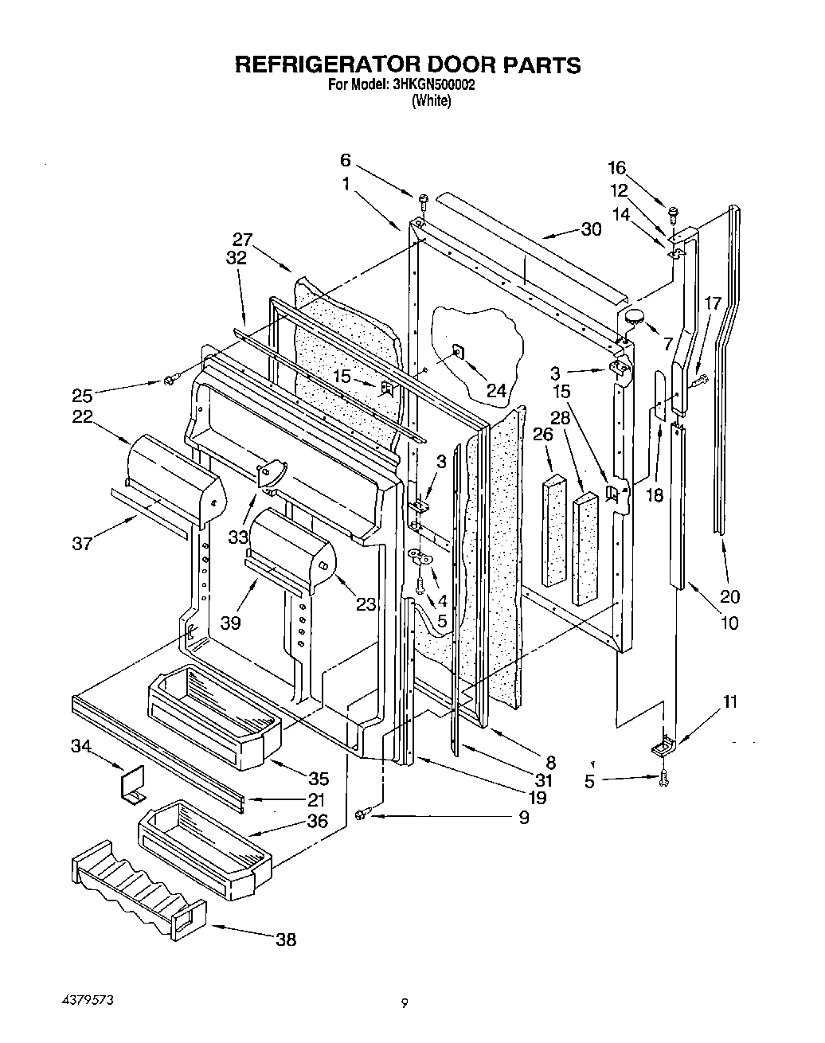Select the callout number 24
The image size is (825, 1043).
tap(496, 390)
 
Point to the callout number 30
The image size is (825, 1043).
tap(591, 229)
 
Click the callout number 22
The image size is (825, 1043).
tap(81, 416)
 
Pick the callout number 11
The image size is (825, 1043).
tap(729, 702)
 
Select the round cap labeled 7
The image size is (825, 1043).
tap(635, 317)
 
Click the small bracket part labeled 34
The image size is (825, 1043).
tap(133, 784)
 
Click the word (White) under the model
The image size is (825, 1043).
tap(431, 101)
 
